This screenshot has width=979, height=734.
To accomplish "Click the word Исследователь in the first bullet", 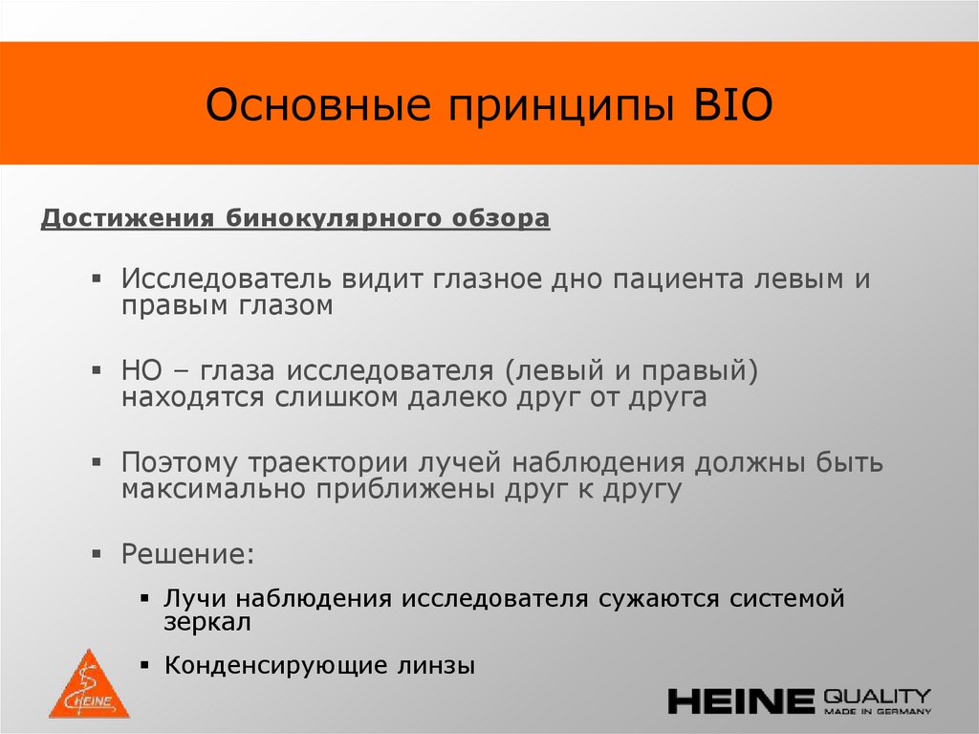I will point(226,279).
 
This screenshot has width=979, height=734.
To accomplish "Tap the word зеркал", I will point(207,623).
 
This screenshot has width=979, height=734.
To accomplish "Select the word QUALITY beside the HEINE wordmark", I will point(877,695).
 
